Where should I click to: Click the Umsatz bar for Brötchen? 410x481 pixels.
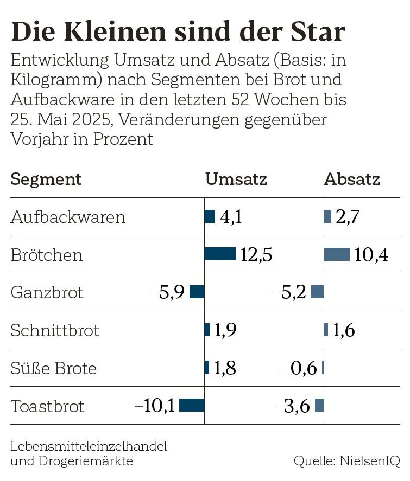coord(220,254)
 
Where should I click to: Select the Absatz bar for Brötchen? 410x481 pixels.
coord(337,254)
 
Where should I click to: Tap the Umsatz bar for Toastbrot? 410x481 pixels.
coord(192,405)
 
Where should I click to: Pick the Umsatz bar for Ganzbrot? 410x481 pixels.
coord(197,292)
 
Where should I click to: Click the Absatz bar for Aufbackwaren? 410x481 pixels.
coord(327,216)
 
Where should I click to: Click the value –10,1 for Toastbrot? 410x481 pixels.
coord(155,406)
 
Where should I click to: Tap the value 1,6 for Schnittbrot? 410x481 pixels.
coord(344,330)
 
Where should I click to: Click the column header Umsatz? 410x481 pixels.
coord(236,179)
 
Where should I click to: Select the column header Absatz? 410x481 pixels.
coord(352,179)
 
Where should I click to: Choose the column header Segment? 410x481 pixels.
coord(46,179)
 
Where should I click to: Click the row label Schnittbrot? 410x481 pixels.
coord(55,330)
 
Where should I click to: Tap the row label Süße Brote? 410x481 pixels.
coord(53,368)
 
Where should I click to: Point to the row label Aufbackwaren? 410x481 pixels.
coord(68,217)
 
